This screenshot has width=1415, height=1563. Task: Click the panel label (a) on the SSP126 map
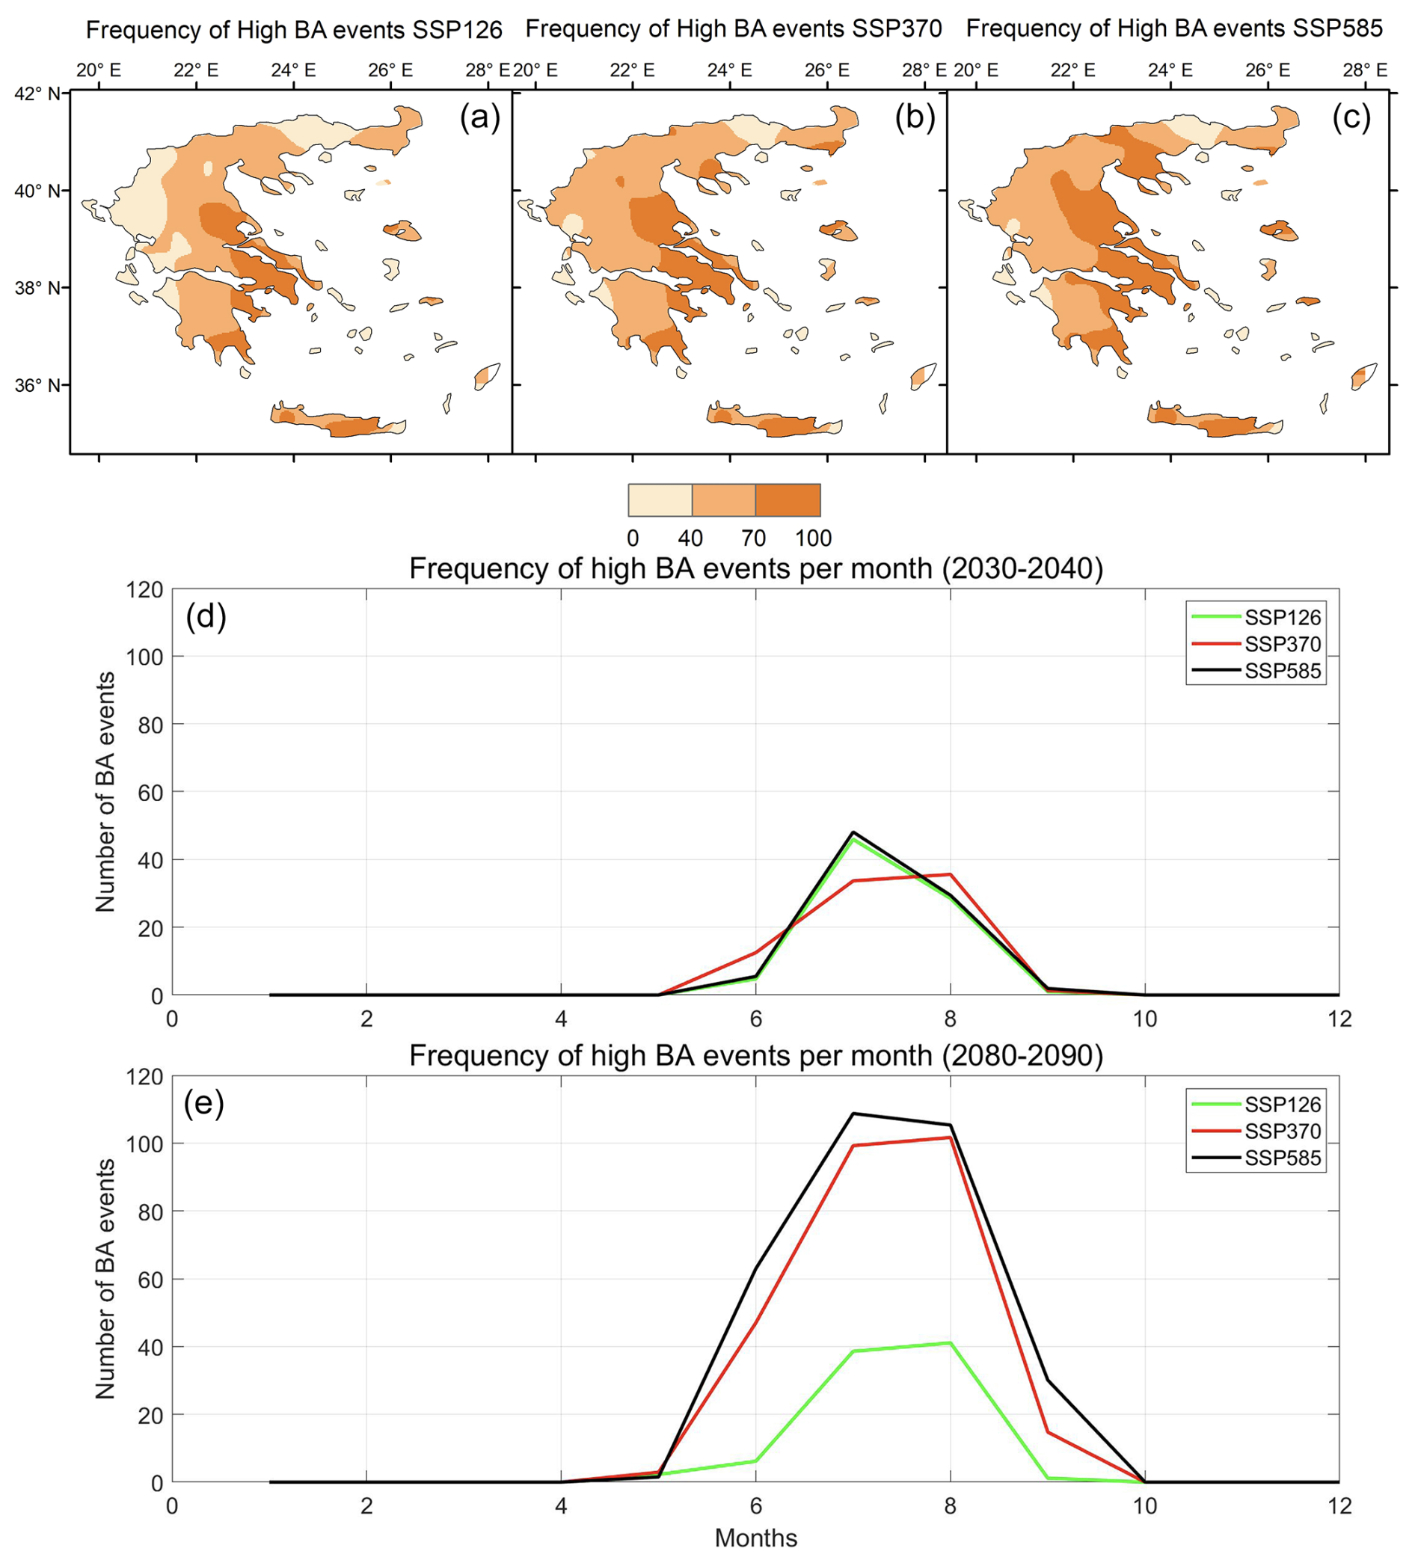tap(479, 118)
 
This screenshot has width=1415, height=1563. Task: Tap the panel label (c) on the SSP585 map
tap(1351, 118)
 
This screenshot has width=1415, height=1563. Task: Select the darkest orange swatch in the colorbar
tap(788, 500)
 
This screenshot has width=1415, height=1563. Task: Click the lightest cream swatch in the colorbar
tap(660, 500)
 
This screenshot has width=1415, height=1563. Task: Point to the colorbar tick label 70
tap(753, 538)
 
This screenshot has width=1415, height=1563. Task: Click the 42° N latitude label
tap(37, 93)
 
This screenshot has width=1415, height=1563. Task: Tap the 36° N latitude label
tap(37, 385)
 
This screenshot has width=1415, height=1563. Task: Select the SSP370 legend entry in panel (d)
tap(1283, 645)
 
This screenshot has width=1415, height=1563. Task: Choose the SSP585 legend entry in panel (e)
tap(1283, 1158)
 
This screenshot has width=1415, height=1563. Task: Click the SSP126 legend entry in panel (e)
tap(1283, 1104)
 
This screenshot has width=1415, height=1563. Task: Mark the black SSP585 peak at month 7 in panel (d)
tap(853, 832)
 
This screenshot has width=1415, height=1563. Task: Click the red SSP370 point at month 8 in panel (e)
tap(950, 1137)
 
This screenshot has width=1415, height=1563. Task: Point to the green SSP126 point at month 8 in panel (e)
tap(950, 1343)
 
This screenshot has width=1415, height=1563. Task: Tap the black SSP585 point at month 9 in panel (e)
tap(1048, 1380)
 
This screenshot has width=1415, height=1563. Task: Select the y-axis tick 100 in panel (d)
tap(146, 657)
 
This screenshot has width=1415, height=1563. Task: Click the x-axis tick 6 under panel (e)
tap(755, 1505)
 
